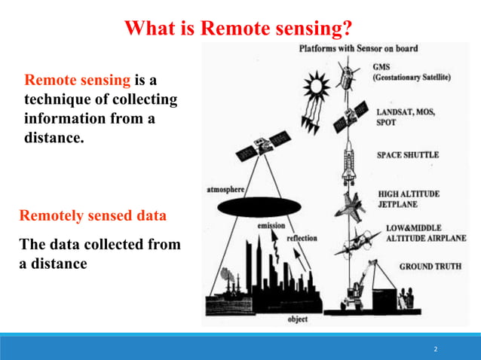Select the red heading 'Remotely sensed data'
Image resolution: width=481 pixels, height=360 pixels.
(92, 216)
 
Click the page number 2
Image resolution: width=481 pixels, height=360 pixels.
(435, 349)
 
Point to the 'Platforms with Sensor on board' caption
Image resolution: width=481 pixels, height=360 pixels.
(358, 49)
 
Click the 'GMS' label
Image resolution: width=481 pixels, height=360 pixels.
(383, 66)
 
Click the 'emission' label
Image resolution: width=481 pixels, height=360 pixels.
(271, 225)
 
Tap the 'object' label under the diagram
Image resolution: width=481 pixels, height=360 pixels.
(297, 319)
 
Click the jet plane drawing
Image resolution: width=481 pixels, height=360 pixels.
(354, 206)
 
